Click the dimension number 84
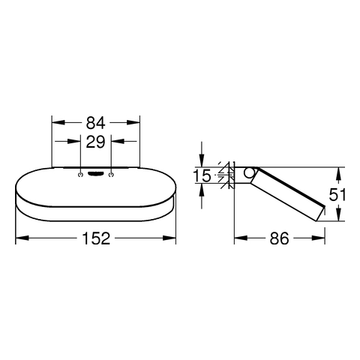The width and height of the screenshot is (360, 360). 95,123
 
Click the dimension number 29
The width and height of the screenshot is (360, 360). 95,142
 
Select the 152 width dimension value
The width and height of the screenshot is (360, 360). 96,238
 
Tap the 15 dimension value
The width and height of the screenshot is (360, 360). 202,175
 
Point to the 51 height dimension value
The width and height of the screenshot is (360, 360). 337,194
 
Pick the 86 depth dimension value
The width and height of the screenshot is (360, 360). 279,238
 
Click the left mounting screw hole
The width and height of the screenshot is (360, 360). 80,175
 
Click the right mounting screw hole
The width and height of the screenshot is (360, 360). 111,175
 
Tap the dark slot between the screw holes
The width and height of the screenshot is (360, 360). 96,174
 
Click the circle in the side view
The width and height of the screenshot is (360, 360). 249,173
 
